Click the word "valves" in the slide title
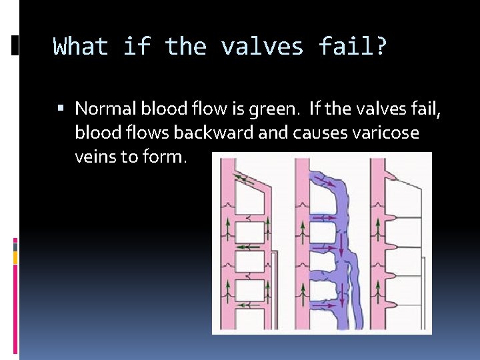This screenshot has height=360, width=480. (x=263, y=47)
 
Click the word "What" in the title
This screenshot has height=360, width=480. (x=80, y=47)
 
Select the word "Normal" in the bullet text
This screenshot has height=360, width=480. (x=101, y=108)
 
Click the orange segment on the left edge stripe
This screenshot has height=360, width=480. (x=15, y=257)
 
